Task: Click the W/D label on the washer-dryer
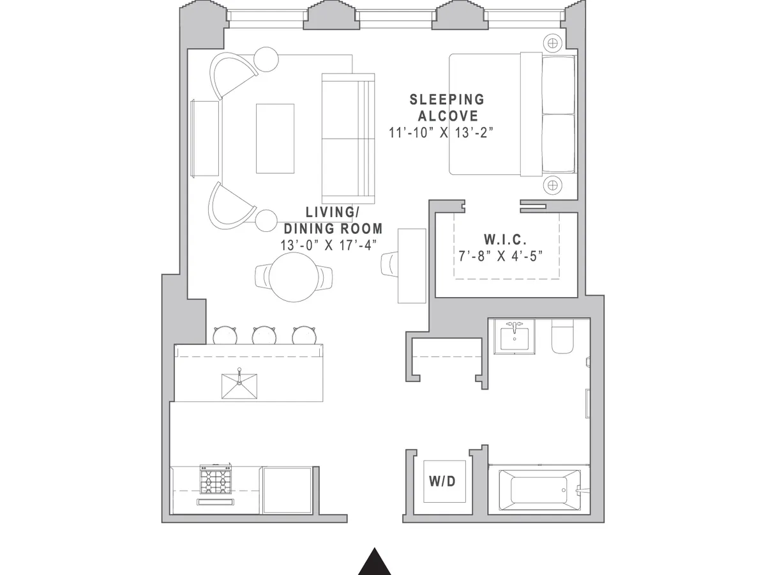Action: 442,481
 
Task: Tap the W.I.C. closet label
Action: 505,240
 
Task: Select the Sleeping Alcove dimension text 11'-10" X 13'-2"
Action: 442,133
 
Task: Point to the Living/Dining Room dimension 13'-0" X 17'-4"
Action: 329,245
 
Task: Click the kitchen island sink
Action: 239,385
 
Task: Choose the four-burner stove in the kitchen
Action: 216,480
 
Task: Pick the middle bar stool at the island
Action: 264,335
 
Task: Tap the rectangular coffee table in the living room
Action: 275,139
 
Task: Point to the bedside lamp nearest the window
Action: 553,43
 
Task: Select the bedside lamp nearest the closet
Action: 553,186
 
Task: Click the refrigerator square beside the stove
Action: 287,489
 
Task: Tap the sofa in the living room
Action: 348,137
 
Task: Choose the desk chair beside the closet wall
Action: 389,264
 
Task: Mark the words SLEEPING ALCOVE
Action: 447,107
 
